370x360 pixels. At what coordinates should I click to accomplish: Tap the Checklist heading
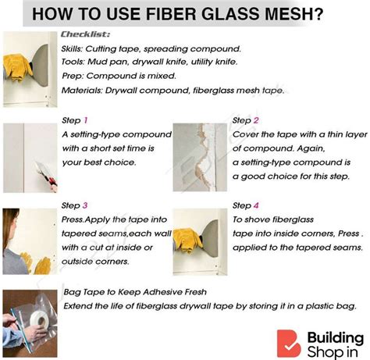click(85, 34)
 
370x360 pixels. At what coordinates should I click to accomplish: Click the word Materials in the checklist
click(82, 91)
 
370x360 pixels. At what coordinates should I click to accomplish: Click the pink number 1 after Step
click(86, 120)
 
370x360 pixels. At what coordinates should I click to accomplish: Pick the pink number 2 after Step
click(256, 120)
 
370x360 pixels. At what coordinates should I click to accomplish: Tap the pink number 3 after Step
click(85, 205)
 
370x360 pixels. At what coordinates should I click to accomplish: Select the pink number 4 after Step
click(256, 205)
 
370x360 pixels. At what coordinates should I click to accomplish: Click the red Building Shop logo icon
click(289, 344)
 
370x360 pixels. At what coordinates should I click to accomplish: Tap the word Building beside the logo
click(336, 338)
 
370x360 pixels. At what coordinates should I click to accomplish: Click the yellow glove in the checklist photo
click(17, 67)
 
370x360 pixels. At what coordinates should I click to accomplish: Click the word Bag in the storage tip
click(71, 292)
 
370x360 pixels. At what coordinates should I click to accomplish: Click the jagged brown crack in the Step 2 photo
click(202, 156)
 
